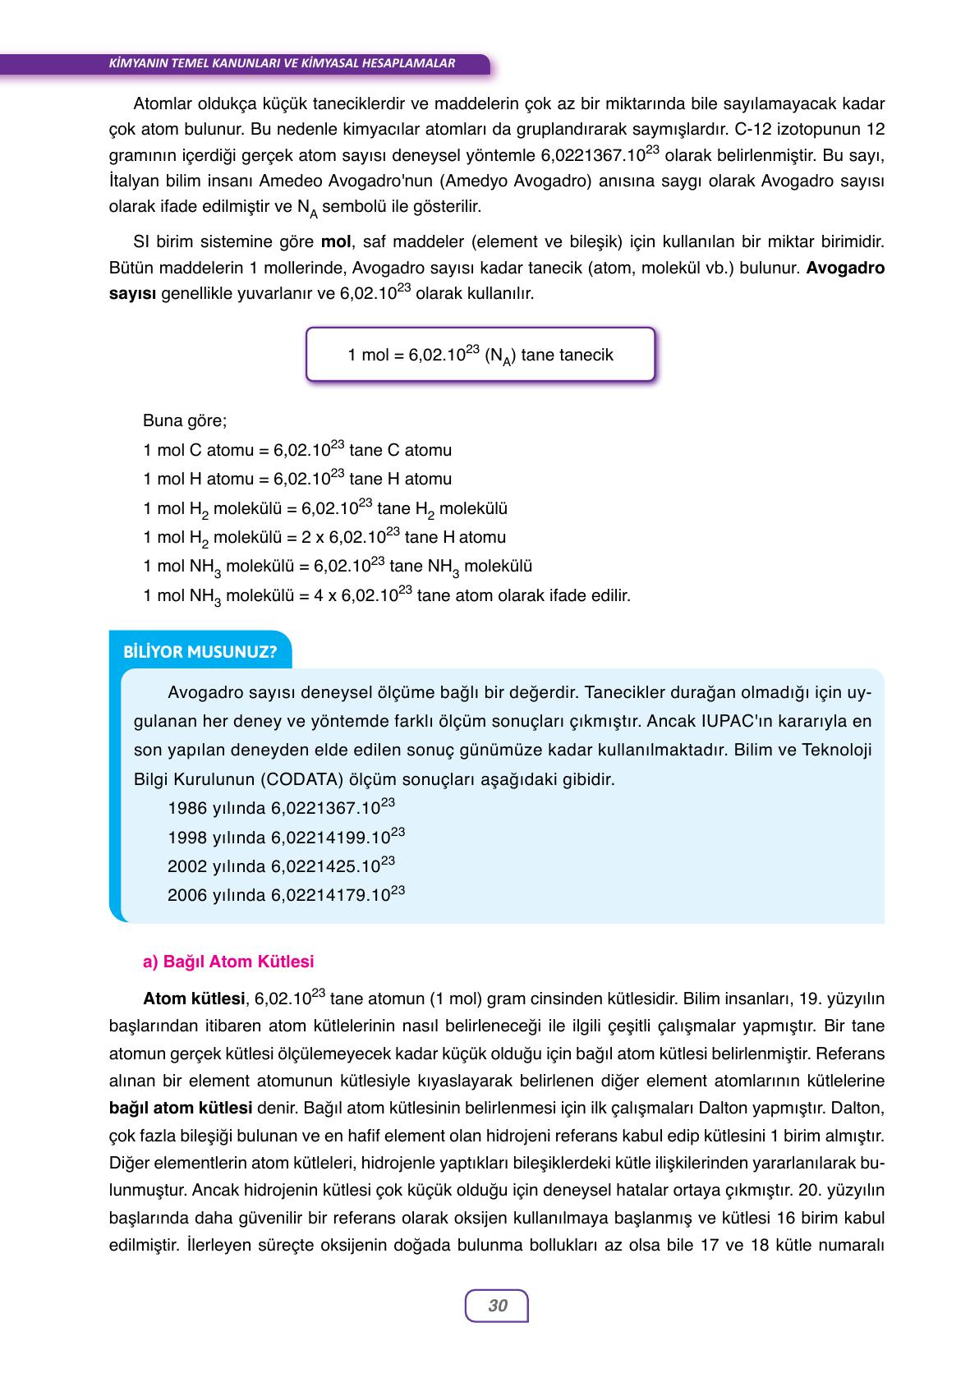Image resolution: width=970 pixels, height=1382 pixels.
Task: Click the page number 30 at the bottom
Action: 497,1306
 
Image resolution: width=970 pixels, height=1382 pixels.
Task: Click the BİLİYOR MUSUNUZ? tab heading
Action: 200,653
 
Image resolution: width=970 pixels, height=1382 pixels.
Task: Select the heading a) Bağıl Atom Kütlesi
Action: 228,962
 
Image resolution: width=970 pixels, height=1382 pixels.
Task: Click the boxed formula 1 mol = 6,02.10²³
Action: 480,355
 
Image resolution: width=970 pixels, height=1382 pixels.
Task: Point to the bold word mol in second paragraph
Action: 335,242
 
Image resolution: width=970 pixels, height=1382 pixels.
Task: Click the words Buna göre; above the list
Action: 185,421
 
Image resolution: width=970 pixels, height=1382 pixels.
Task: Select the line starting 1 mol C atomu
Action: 297,450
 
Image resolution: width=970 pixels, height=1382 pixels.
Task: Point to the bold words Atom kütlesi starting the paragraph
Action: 194,999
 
